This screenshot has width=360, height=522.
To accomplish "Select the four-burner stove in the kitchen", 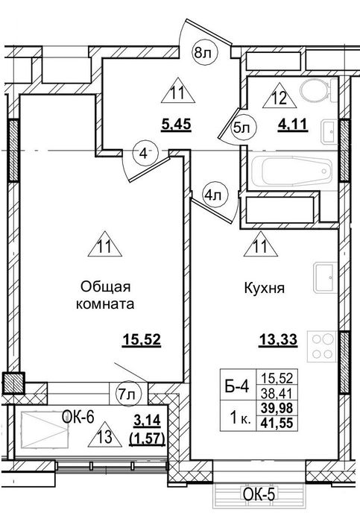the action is point(322,346).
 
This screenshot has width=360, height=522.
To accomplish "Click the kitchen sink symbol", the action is point(325,277).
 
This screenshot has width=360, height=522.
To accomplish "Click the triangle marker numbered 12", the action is point(280,96).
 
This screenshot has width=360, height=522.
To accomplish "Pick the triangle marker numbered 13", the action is point(105,435).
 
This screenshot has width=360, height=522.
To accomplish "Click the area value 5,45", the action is point(176,125).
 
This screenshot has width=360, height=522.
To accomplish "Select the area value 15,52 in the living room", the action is point(142,340).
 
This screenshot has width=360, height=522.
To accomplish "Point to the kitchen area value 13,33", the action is point(278,340).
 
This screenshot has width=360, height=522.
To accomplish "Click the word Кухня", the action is point(265,288).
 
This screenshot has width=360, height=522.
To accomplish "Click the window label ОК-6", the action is point(78,416).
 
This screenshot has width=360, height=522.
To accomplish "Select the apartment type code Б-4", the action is point(236,387).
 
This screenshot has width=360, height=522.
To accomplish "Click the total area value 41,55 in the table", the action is point(277,423).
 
